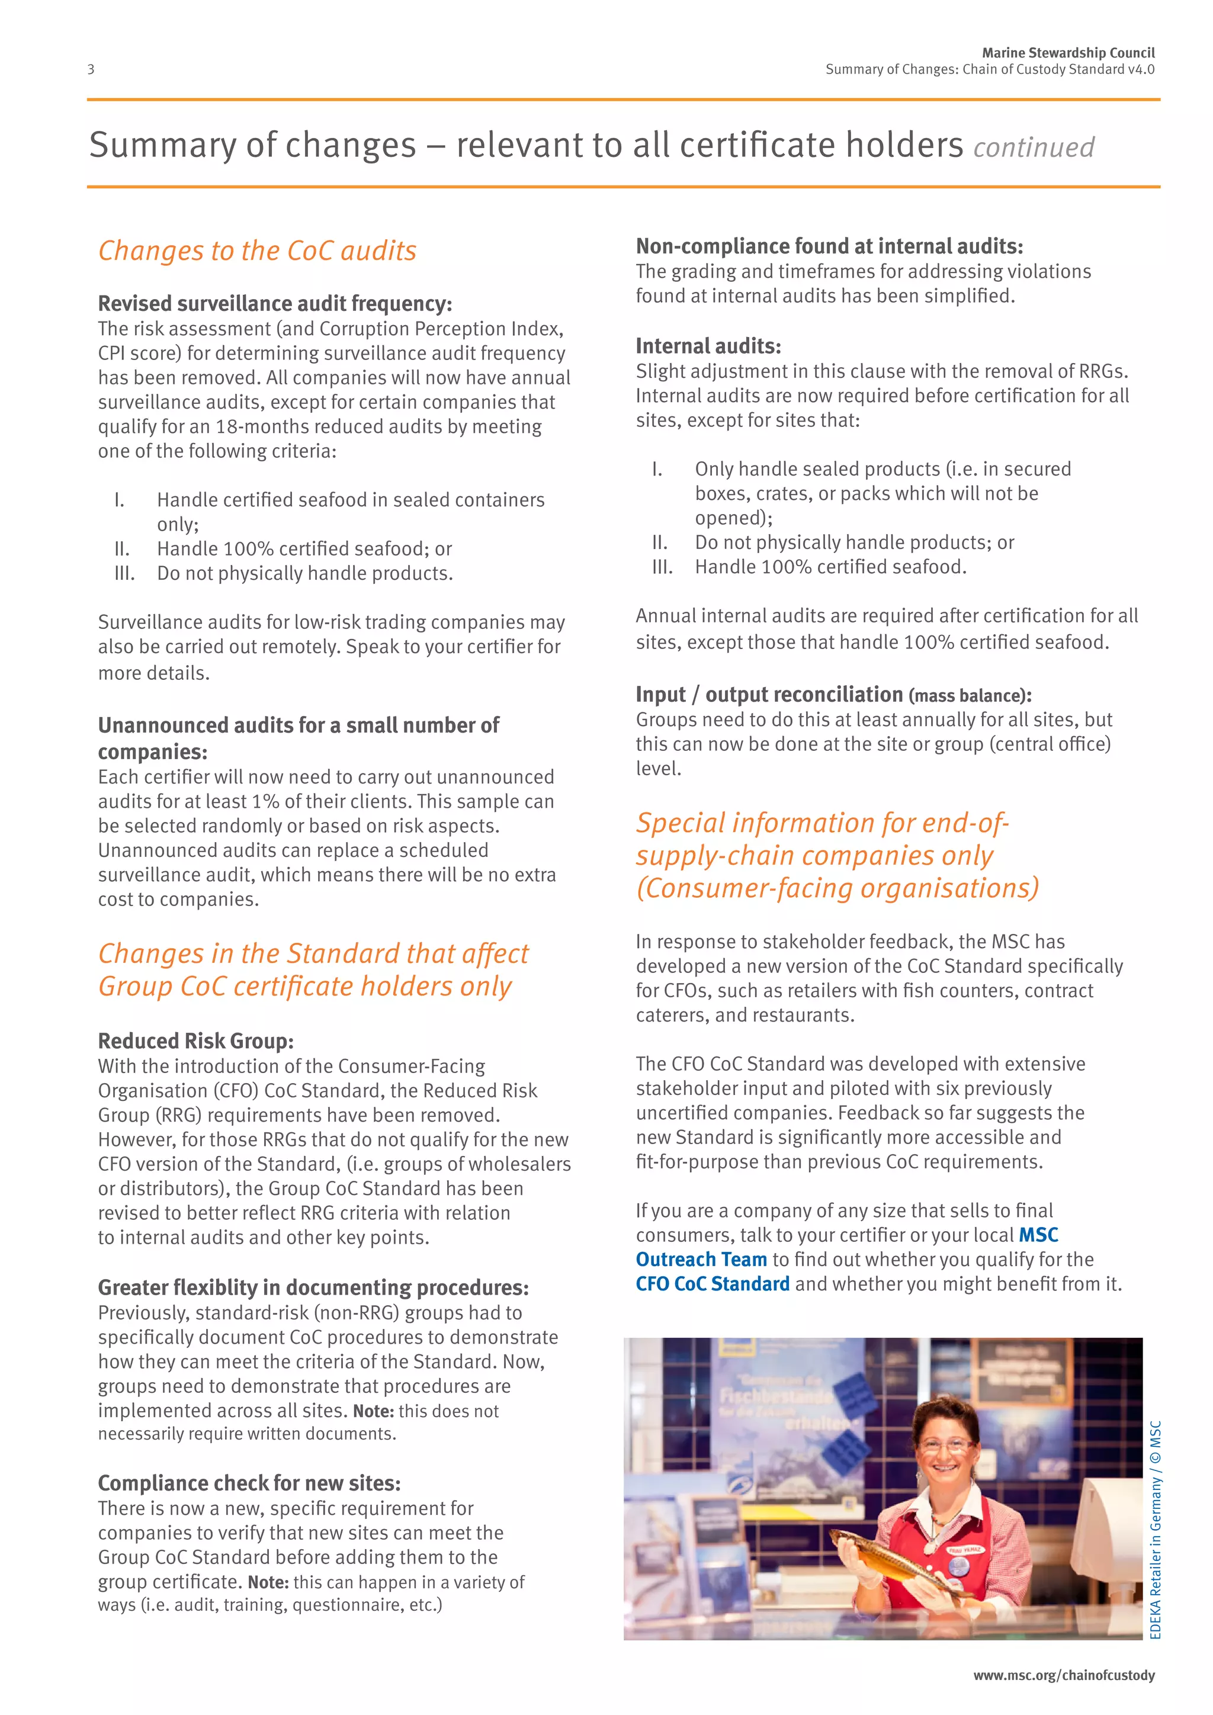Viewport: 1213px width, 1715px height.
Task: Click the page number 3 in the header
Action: pyautogui.click(x=91, y=69)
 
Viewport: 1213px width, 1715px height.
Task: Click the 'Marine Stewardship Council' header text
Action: pyautogui.click(x=1067, y=53)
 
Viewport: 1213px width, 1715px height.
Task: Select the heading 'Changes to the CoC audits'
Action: pyautogui.click(x=257, y=251)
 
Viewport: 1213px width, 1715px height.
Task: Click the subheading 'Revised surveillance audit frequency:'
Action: pyautogui.click(x=275, y=304)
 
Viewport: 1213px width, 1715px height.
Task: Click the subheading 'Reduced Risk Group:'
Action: pyautogui.click(x=195, y=1040)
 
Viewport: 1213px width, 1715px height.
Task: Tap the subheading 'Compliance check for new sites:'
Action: pyautogui.click(x=249, y=1483)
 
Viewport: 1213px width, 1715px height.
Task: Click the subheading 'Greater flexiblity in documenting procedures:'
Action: pyautogui.click(x=313, y=1288)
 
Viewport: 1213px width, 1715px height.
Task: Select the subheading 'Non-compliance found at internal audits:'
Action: pyautogui.click(x=829, y=246)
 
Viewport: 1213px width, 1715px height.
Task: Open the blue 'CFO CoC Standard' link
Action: pyautogui.click(x=713, y=1284)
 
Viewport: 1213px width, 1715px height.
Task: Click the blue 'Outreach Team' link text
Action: pyautogui.click(x=701, y=1260)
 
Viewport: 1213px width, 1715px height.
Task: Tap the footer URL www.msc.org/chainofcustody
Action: pyautogui.click(x=1063, y=1675)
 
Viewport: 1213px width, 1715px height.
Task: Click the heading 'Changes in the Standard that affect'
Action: pyautogui.click(x=313, y=954)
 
